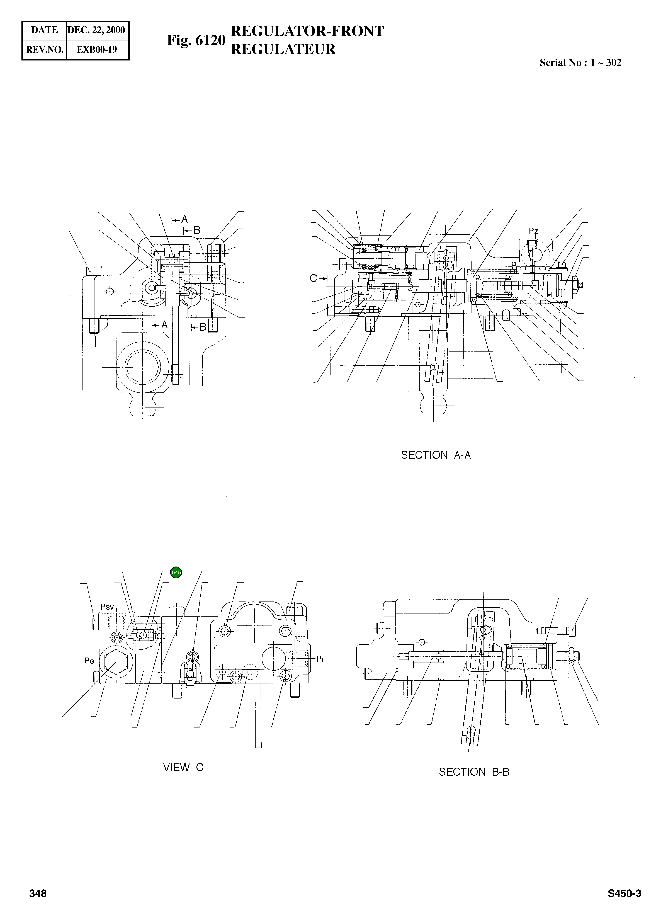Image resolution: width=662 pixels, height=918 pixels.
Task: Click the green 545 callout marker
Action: coord(176,572)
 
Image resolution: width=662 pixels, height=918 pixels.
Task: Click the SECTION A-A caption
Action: coord(436,455)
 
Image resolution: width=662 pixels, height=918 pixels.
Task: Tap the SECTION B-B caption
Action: coord(474,772)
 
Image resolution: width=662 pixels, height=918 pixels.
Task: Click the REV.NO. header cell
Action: coord(44,50)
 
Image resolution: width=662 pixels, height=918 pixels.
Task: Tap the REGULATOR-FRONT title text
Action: coord(307,31)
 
